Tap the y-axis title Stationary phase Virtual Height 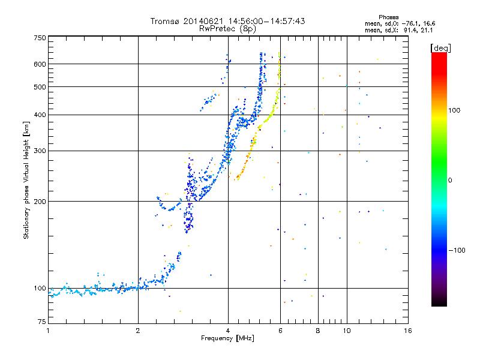coord(26,180)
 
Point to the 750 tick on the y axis coord(40,38)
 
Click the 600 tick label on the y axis coord(40,64)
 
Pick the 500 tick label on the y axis coord(40,87)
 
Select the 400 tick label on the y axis coord(40,115)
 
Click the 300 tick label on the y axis coord(40,151)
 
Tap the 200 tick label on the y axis coord(40,201)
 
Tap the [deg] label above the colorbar coord(440,47)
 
